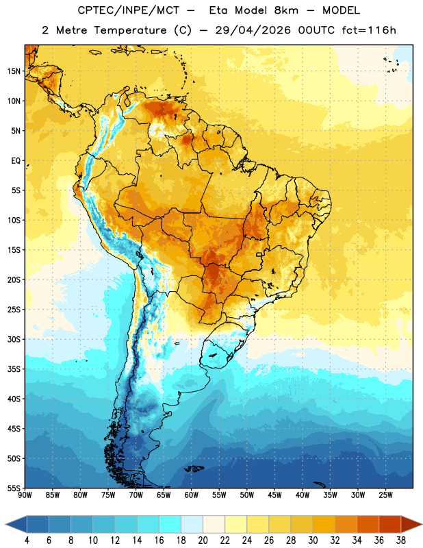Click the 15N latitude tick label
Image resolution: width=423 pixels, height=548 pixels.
pos(14,71)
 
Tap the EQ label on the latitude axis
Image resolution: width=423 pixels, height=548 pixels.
pos(16,161)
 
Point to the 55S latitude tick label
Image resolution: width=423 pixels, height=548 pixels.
pos(14,488)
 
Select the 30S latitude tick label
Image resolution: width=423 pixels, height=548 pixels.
pos(14,339)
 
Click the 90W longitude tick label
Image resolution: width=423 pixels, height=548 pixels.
pos(25,495)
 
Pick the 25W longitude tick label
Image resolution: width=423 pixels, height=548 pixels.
pos(385,495)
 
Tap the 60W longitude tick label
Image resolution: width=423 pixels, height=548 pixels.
pos(192,495)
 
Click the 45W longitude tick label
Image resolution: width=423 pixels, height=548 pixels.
pos(274,495)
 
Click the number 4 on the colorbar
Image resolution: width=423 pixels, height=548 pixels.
pos(27,540)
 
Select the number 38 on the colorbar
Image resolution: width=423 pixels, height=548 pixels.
pos(401,540)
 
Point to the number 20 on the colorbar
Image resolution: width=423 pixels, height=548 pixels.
pos(203,540)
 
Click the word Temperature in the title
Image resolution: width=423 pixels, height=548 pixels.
pos(130,30)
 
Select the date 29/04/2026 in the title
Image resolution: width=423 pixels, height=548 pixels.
pos(253,30)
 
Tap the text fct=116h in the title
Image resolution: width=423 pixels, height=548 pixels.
pos(369,30)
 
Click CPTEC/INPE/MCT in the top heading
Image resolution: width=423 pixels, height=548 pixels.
pos(128,10)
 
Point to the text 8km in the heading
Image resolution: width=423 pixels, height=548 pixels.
pos(286,10)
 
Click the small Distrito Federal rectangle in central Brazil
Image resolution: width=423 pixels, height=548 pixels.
pos(259,254)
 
